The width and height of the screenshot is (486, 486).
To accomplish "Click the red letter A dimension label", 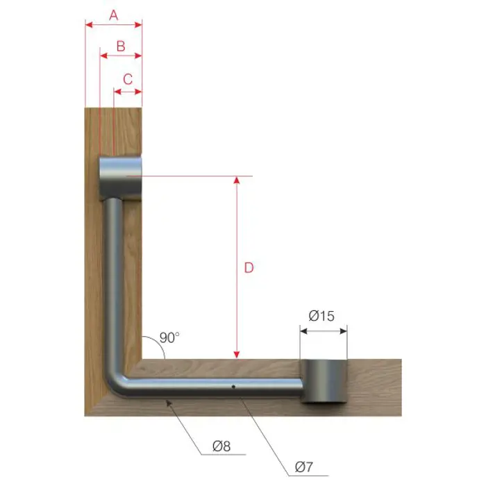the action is [114, 15].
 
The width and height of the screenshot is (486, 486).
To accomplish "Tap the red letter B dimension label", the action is [121, 47].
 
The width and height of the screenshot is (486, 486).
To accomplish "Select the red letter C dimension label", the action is [128, 79].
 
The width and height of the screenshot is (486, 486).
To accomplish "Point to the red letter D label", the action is [249, 267].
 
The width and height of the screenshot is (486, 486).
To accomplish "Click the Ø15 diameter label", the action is [321, 316].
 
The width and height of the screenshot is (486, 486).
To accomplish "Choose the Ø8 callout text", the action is [221, 446].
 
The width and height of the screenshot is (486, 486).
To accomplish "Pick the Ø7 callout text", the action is [304, 467].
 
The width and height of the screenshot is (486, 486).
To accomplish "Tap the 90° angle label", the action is [169, 337].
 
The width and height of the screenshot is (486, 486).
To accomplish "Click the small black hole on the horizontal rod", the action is [233, 387].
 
